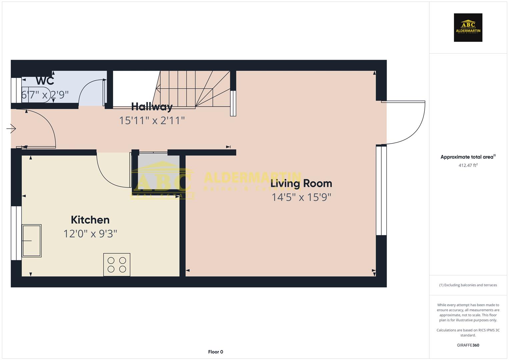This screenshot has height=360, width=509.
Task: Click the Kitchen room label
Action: tap(90, 220)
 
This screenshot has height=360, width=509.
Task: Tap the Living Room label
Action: tap(301, 184)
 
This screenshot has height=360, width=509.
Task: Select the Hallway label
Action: tap(152, 107)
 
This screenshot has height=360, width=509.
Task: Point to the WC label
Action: tap(45, 81)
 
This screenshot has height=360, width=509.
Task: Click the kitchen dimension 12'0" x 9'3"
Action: tap(90, 234)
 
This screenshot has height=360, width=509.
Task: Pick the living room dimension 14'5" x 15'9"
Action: tap(301, 197)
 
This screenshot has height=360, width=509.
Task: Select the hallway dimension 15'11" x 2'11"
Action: tap(152, 120)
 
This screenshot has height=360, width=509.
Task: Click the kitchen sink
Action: tap(32, 240)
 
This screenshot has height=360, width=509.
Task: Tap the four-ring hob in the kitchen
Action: tap(117, 265)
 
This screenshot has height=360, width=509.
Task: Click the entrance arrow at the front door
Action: tap(11, 128)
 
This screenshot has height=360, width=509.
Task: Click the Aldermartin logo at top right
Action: tap(468, 28)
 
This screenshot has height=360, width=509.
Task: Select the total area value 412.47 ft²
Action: tap(468, 165)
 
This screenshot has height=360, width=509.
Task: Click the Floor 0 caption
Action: tap(215, 352)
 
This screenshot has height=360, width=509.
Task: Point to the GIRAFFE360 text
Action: tap(468, 345)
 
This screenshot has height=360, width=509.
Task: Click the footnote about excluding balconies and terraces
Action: tap(468, 285)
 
